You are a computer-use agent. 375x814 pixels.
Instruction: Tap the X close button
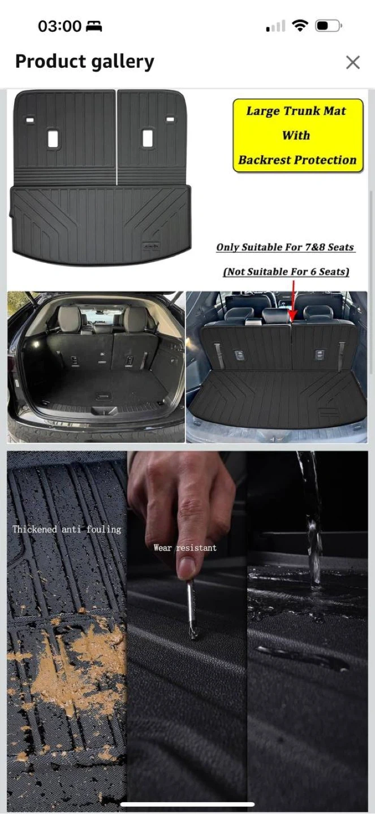tap(353, 62)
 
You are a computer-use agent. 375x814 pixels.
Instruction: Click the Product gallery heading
tap(85, 62)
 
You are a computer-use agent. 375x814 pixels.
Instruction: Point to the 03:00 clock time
tap(59, 26)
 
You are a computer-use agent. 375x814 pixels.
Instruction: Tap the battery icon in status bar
tap(329, 26)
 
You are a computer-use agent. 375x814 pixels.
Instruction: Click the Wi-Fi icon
tap(300, 26)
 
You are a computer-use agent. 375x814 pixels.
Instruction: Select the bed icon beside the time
tap(94, 26)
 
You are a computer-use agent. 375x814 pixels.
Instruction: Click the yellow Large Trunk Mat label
tap(298, 135)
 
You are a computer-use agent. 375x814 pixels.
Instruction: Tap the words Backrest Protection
tap(297, 160)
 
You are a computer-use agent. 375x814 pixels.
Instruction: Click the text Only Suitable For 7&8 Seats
tap(285, 247)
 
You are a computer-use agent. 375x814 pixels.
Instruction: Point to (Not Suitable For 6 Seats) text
tap(286, 271)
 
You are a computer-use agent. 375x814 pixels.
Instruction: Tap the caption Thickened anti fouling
tap(67, 529)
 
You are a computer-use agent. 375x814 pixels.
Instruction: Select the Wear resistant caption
tap(185, 548)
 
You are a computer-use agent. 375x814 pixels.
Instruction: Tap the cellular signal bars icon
tap(275, 26)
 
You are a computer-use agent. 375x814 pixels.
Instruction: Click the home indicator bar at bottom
tap(187, 804)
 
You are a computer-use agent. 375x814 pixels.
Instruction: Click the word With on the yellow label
tap(296, 135)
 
